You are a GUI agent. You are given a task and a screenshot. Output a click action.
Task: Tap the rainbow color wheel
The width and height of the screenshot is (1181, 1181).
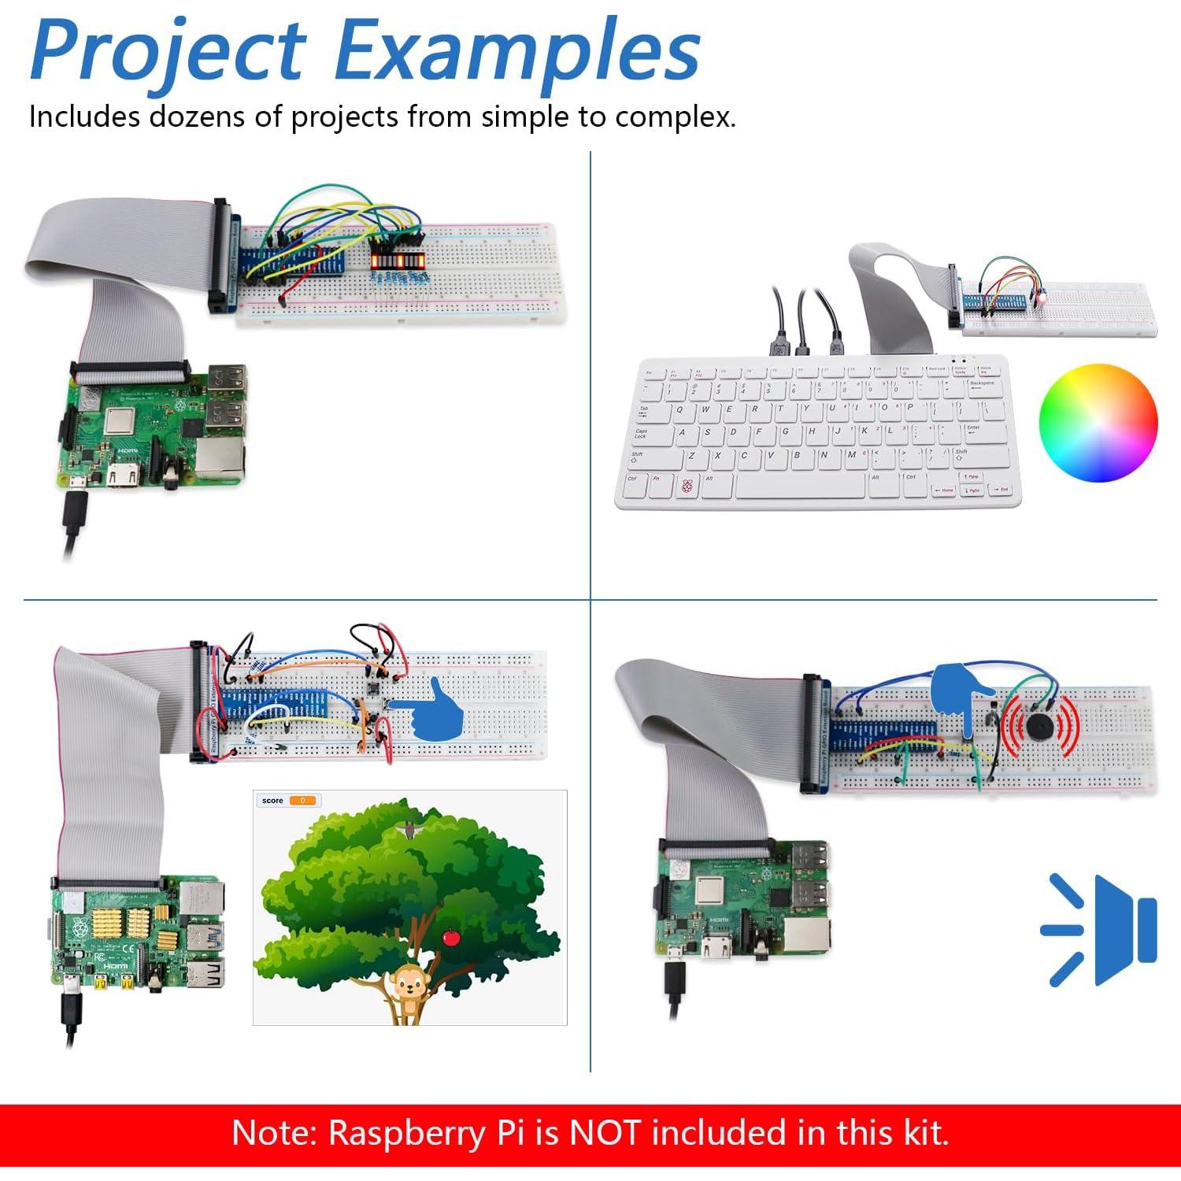coord(1098,422)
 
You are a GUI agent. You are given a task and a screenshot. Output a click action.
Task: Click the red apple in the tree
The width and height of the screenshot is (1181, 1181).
coord(451,937)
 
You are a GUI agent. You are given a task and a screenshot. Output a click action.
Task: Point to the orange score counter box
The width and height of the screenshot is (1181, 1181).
coord(302,801)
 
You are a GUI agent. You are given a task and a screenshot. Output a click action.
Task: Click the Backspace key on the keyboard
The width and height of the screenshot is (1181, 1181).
coord(982,384)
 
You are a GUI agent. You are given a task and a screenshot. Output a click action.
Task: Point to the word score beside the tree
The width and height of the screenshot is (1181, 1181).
coord(272,801)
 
